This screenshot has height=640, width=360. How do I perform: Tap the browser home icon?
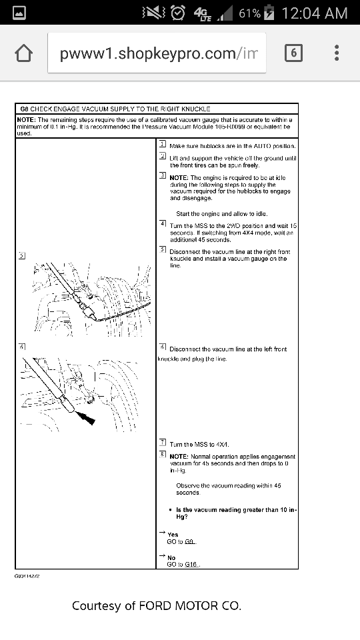(24, 53)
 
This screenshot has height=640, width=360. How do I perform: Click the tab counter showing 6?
(293, 53)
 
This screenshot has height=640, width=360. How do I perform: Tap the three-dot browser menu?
(337, 53)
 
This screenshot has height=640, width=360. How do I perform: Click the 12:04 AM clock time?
(315, 13)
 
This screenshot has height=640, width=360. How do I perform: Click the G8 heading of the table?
(24, 108)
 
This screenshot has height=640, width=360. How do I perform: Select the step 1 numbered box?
(163, 145)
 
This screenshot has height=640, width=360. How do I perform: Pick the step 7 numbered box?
(163, 442)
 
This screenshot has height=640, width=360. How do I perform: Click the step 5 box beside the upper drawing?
(22, 255)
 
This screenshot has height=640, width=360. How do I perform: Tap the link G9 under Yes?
(190, 542)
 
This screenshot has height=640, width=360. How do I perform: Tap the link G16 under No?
(192, 565)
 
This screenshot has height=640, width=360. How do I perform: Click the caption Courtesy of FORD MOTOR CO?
(156, 605)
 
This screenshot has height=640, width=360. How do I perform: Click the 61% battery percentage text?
(249, 13)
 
